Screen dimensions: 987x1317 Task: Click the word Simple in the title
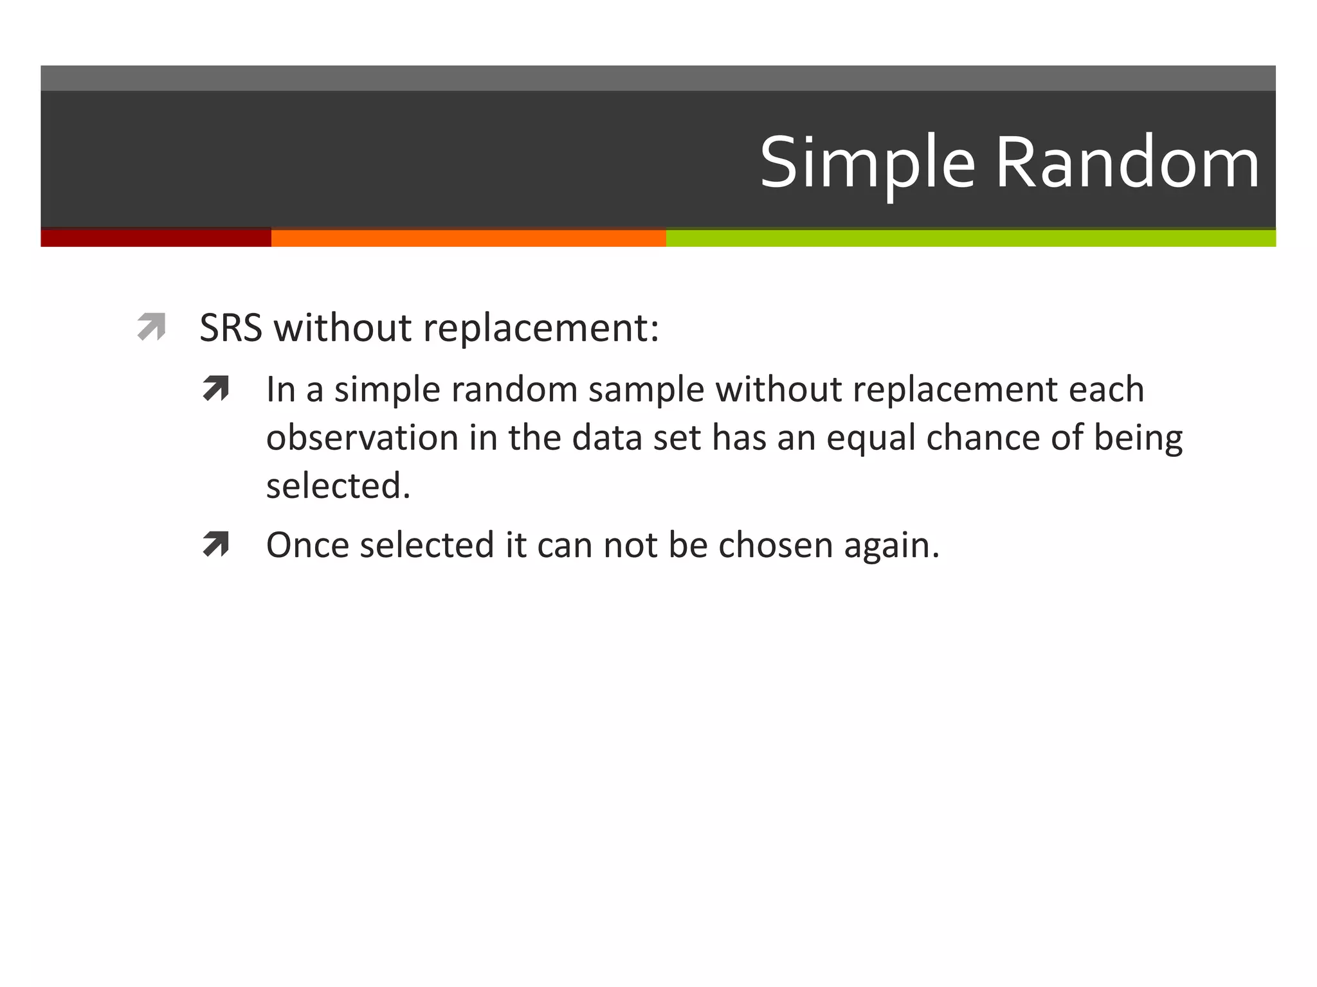(x=868, y=164)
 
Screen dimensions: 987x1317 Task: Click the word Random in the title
(x=1127, y=164)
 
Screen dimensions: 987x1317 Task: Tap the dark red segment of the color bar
(x=156, y=238)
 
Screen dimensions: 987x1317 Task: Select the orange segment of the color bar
(x=468, y=238)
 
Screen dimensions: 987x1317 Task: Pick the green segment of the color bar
(x=971, y=238)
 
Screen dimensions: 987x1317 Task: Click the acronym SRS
(x=231, y=328)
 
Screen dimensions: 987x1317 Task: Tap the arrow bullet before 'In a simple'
(x=216, y=389)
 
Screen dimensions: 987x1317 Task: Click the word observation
(x=362, y=438)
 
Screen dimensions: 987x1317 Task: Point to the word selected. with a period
(x=338, y=486)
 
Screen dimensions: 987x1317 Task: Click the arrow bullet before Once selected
(x=216, y=544)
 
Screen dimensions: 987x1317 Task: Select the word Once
(x=308, y=546)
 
